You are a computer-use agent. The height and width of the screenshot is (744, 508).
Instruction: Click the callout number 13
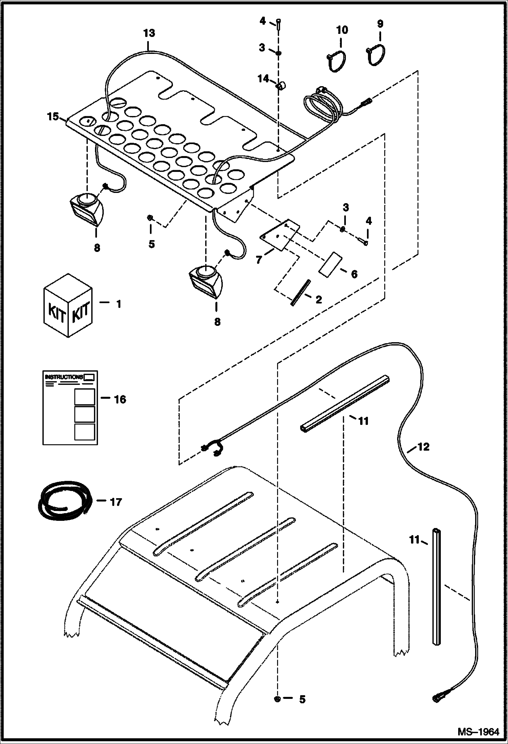coord(149,33)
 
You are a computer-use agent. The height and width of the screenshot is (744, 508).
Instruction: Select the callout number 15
coord(53,117)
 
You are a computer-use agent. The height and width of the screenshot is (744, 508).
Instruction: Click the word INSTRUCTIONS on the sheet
coord(64,377)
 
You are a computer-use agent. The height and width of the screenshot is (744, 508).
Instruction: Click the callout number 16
coord(120,399)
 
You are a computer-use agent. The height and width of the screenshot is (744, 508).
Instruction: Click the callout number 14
coord(263,79)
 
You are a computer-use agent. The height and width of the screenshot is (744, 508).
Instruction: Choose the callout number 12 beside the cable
coord(423,447)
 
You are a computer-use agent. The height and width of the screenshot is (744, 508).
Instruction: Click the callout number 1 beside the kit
coord(118,304)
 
